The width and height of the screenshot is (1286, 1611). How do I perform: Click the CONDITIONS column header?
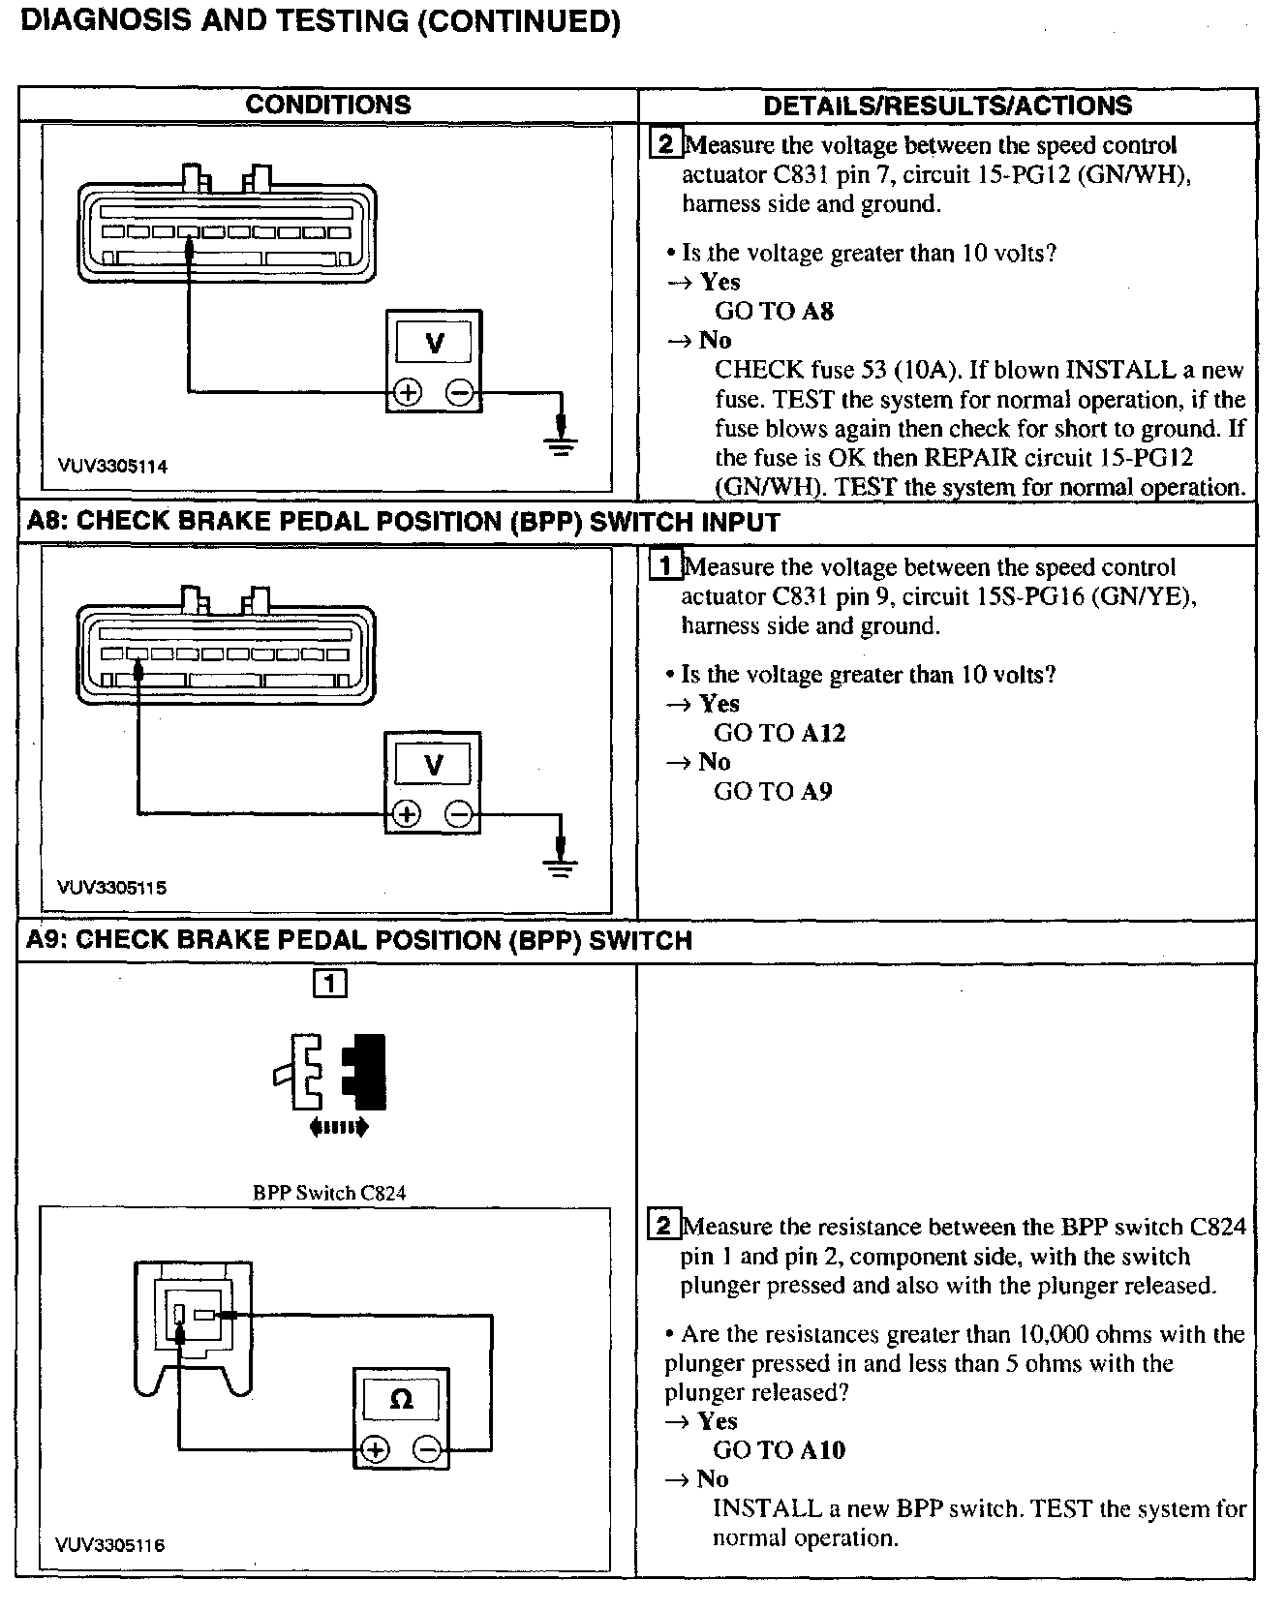[327, 105]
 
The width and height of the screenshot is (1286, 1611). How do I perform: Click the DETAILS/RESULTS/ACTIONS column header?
[947, 106]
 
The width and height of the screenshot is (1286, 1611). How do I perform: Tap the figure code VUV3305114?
[111, 467]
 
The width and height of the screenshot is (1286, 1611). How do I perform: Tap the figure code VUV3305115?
[111, 888]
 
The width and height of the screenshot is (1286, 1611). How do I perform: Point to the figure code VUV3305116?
[110, 1545]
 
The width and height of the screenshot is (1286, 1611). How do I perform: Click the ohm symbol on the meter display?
[400, 1399]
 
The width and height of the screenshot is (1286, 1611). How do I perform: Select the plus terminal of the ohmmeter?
[375, 1449]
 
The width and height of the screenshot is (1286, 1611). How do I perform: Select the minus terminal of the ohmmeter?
[428, 1449]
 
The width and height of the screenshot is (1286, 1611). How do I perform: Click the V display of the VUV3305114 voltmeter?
[435, 343]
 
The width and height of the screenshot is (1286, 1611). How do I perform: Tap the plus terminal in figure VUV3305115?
[407, 814]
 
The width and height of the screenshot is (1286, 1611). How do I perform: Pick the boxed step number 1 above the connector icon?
[329, 984]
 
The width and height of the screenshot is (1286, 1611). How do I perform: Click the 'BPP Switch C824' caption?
[329, 1193]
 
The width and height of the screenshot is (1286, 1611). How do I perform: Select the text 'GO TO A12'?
[780, 733]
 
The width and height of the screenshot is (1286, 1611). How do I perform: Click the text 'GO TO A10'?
[779, 1449]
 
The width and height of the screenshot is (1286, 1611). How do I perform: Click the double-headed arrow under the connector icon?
[338, 1126]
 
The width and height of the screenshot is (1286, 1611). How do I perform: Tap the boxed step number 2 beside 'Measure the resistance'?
[663, 1227]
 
